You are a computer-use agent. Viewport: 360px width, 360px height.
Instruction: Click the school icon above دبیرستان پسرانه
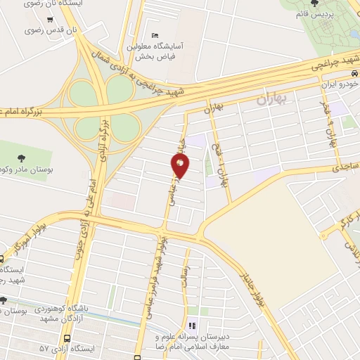(x=191, y=326)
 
